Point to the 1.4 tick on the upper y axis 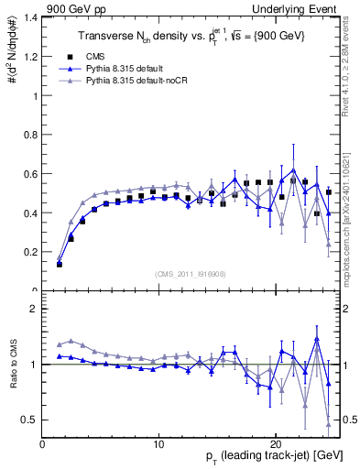tap(30, 17)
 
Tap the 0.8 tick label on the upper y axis tap(30, 135)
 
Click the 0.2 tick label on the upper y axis tap(30, 252)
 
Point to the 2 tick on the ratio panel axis tap(34, 309)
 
